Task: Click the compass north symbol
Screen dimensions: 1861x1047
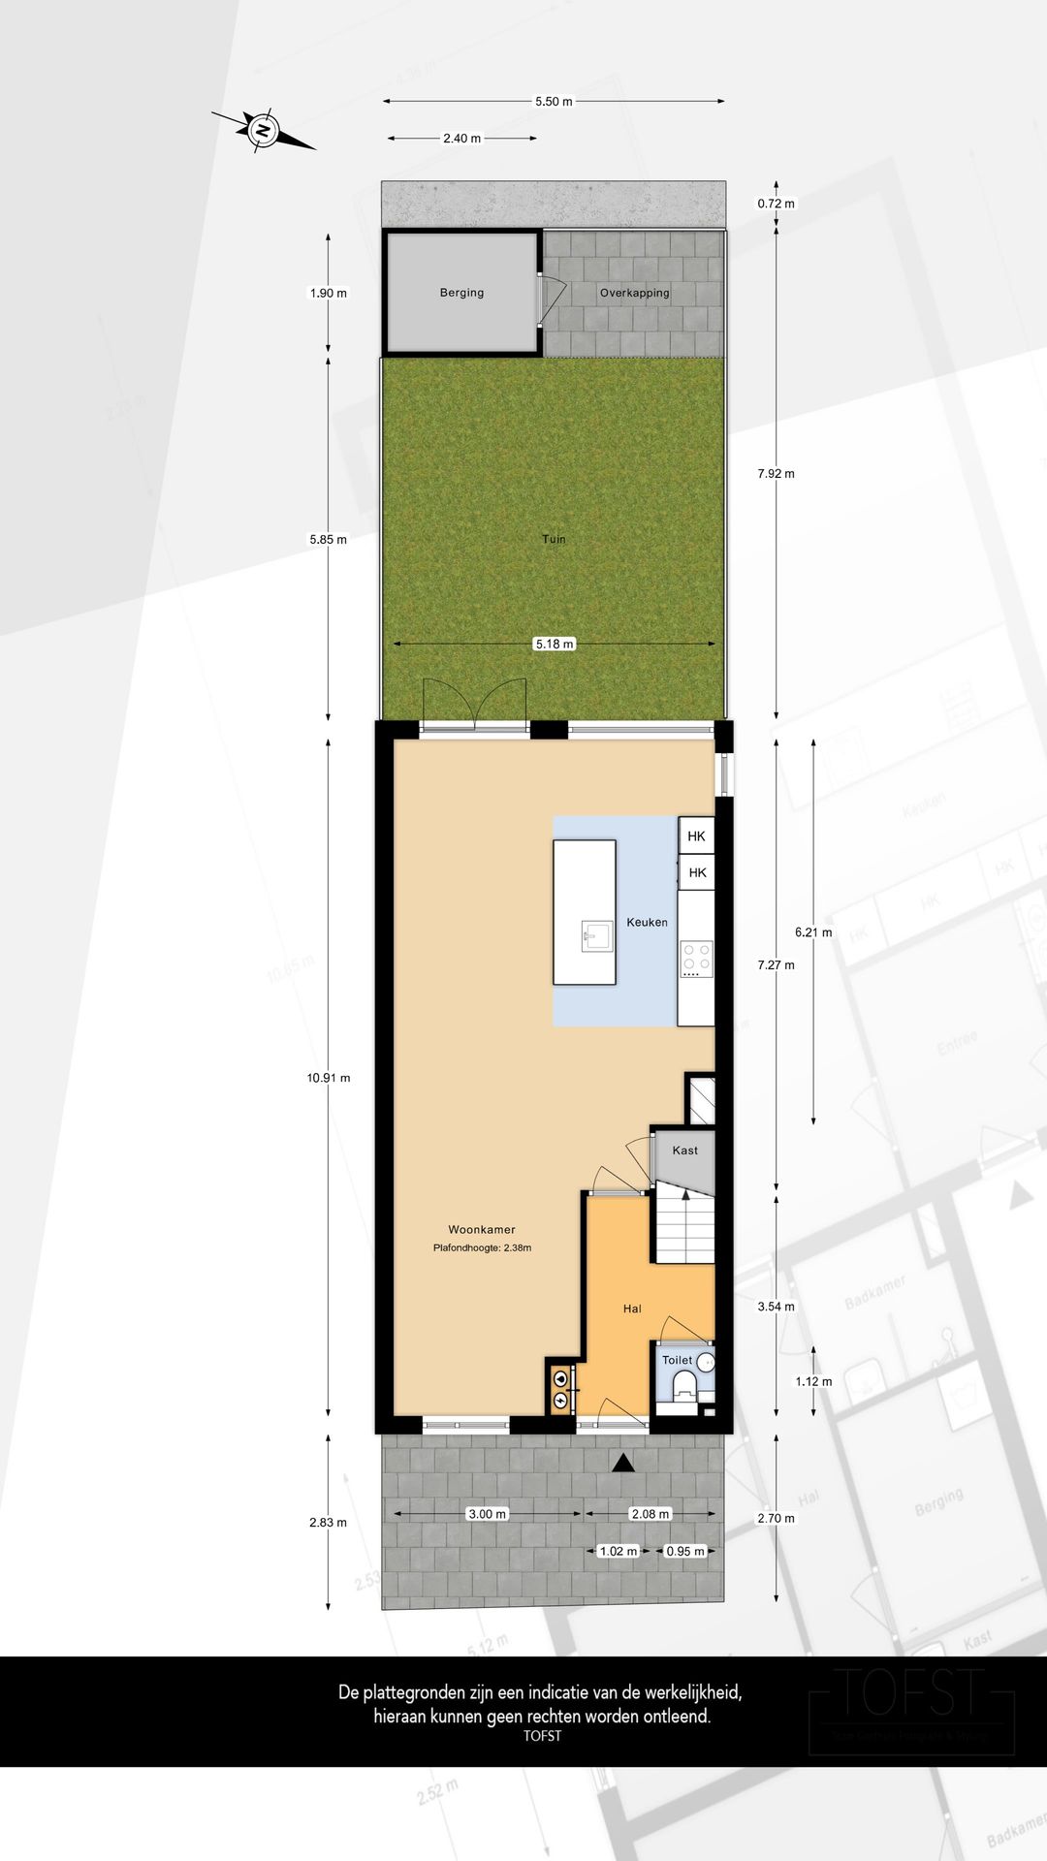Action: coord(262,130)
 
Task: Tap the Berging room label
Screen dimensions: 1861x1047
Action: coord(461,293)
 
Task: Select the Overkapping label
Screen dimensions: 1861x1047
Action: coord(634,293)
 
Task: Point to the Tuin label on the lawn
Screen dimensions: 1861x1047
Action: coord(554,539)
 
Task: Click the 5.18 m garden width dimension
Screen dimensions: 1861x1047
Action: coord(554,644)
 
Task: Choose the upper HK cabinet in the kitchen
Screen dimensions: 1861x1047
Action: coord(696,836)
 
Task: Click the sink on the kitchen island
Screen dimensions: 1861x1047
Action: coord(597,936)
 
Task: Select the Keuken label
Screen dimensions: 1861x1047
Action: coord(647,923)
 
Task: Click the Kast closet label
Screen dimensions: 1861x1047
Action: coord(684,1151)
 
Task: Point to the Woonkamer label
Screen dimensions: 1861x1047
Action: coord(482,1229)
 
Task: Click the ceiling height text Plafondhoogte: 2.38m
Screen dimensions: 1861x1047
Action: coord(482,1248)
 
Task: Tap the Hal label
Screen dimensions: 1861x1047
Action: coord(632,1309)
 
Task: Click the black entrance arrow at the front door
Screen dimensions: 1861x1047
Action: coord(623,1463)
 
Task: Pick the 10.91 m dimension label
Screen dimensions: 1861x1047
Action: coord(329,1078)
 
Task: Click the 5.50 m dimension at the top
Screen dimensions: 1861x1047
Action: coord(554,101)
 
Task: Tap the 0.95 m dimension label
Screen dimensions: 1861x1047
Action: coord(685,1551)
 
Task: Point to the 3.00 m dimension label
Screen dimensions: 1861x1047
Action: coord(487,1514)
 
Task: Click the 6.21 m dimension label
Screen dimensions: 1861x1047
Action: coord(813,932)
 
